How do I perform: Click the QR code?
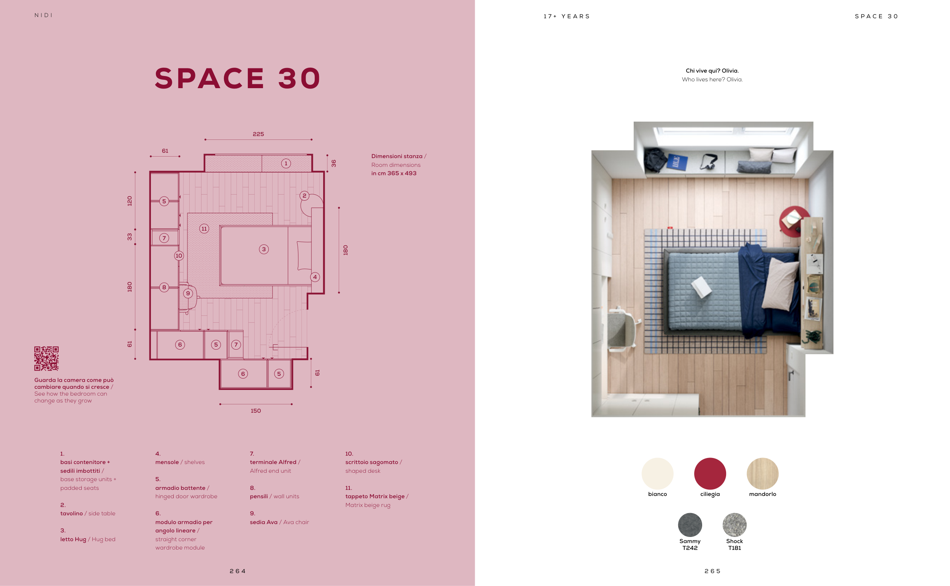tap(46, 358)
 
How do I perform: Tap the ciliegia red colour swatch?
tap(710, 473)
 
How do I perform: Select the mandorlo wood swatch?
tap(763, 473)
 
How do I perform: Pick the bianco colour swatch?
tap(657, 473)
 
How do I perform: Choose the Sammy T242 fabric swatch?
tap(690, 525)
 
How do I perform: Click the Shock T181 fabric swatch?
tap(734, 525)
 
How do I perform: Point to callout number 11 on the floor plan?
tap(204, 229)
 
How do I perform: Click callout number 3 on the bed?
tap(264, 249)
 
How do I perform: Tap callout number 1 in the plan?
tap(286, 163)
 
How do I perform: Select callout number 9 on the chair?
tap(188, 293)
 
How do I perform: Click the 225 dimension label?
tap(258, 134)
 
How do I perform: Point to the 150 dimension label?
tap(256, 411)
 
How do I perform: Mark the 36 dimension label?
tap(334, 163)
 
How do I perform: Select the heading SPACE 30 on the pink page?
tap(238, 78)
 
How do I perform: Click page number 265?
tap(712, 571)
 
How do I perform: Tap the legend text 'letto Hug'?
tap(73, 539)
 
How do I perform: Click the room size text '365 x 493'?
tap(402, 173)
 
